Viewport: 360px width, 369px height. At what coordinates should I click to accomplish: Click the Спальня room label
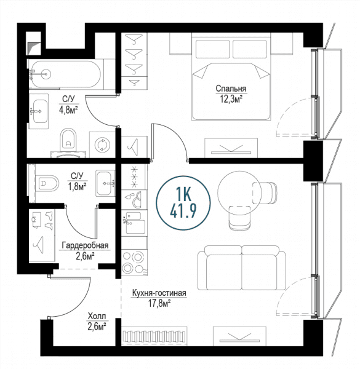[231, 89]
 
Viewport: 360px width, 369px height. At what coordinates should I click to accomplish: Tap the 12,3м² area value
[231, 99]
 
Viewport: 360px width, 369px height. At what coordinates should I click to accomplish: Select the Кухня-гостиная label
[159, 293]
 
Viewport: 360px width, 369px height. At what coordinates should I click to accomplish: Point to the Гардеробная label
[85, 245]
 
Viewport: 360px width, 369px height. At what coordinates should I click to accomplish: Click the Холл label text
[97, 316]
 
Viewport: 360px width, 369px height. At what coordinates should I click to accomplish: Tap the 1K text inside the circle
[183, 194]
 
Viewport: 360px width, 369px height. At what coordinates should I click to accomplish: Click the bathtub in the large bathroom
[65, 74]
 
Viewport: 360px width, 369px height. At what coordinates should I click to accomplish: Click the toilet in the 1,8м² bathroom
[47, 183]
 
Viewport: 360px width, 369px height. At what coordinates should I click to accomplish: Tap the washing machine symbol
[102, 145]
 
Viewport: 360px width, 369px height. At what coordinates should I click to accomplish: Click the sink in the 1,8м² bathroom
[105, 183]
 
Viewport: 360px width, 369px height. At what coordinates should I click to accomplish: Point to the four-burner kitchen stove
[134, 262]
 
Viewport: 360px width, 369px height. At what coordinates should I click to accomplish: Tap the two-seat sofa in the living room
[242, 268]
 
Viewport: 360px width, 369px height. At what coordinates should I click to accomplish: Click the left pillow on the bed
[212, 49]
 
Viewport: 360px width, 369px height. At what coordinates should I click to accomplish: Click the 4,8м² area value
[68, 110]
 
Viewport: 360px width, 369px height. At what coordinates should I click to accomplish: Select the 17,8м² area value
[159, 303]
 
